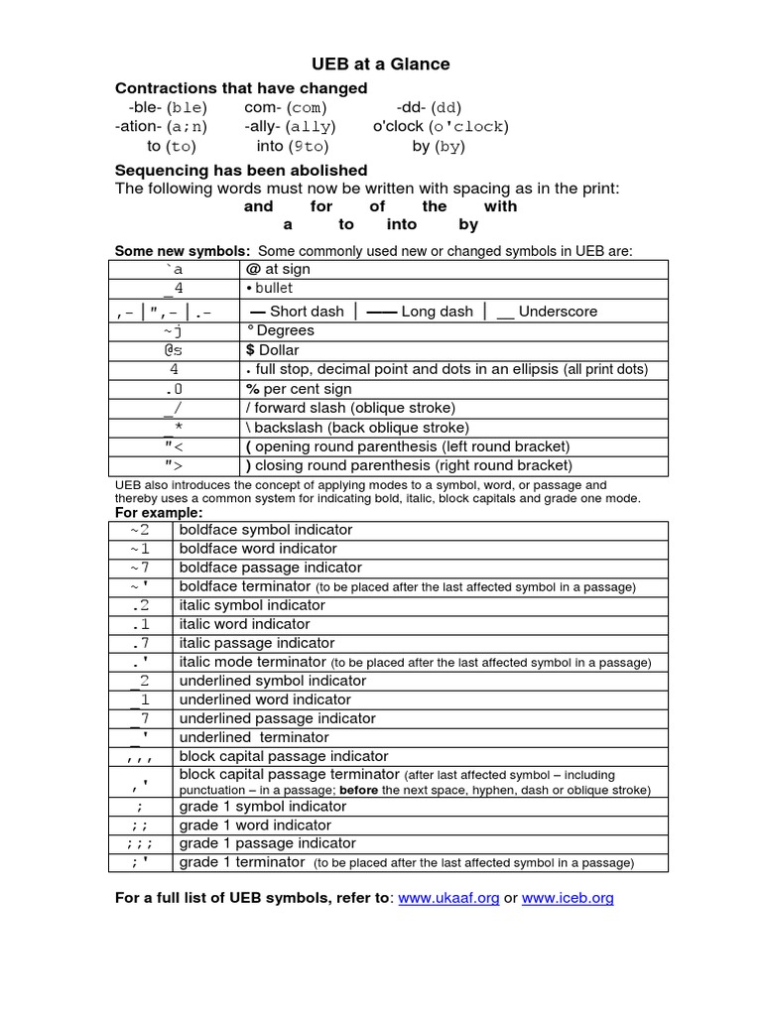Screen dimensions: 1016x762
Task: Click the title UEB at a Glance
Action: tap(381, 63)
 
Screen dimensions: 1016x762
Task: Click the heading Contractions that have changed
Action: tap(241, 88)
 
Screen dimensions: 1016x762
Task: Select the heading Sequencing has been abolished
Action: tap(241, 170)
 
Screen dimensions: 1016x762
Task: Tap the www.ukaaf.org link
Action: tap(448, 898)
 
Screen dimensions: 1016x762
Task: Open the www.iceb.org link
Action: tap(568, 898)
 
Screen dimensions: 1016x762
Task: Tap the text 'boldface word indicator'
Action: tap(258, 549)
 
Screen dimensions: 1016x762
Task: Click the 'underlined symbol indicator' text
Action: tap(273, 681)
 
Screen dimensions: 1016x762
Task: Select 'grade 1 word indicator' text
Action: tap(255, 825)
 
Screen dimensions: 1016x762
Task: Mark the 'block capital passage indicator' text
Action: tap(283, 756)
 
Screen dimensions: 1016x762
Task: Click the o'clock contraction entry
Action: tap(441, 126)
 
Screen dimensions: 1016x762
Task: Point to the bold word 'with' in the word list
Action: tap(500, 206)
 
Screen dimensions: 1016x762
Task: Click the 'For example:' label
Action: tap(159, 513)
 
